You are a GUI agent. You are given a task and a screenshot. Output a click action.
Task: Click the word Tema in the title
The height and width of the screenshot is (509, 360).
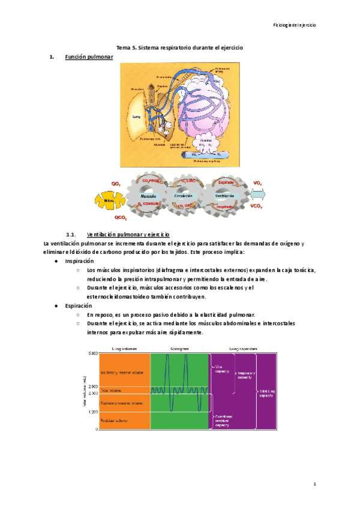coord(122,47)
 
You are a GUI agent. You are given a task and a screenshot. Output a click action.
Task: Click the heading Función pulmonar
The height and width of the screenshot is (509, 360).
coord(89,57)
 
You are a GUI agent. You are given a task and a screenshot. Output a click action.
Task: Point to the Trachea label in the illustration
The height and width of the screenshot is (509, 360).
coord(162,86)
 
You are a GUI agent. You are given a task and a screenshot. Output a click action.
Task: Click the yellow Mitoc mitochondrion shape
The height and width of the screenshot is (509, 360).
coord(109,199)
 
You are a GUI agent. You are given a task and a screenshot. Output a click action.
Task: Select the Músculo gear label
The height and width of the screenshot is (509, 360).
coord(148,197)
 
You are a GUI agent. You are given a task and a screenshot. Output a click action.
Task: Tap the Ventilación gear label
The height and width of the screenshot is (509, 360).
coord(224,196)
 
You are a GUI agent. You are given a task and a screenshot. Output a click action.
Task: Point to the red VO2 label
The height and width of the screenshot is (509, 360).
coord(258,182)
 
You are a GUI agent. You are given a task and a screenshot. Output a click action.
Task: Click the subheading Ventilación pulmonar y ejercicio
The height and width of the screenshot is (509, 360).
coord(128,234)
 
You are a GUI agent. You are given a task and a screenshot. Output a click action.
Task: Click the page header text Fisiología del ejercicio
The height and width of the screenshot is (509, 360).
coord(294,25)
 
